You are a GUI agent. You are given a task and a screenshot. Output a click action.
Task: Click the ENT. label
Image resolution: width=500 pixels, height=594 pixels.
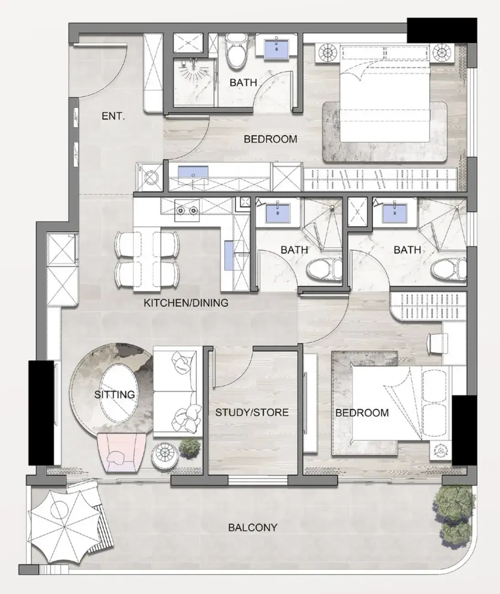coord(113,116)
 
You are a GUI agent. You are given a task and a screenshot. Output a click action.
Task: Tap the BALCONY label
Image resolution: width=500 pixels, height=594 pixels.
coord(253,527)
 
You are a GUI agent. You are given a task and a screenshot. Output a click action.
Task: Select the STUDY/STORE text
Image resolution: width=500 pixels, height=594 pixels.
coord(252,412)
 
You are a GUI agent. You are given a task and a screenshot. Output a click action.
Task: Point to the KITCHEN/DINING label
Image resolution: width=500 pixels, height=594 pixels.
coord(186,302)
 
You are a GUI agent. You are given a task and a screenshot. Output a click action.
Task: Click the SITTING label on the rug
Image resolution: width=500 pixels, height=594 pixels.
coord(115,394)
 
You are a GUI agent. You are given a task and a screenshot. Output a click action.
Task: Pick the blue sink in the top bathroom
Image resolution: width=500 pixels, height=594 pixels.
coord(276,49)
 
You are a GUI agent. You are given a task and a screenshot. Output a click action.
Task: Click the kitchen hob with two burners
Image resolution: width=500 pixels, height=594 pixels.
coord(187,210)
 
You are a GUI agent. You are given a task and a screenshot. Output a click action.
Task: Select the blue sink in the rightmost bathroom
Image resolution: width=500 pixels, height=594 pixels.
coord(394,213)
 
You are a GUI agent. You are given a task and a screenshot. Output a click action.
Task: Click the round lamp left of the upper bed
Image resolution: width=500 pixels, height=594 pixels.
coord(328,53)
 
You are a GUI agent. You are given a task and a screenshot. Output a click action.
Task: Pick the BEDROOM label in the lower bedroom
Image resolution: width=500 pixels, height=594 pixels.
coord(362,413)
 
